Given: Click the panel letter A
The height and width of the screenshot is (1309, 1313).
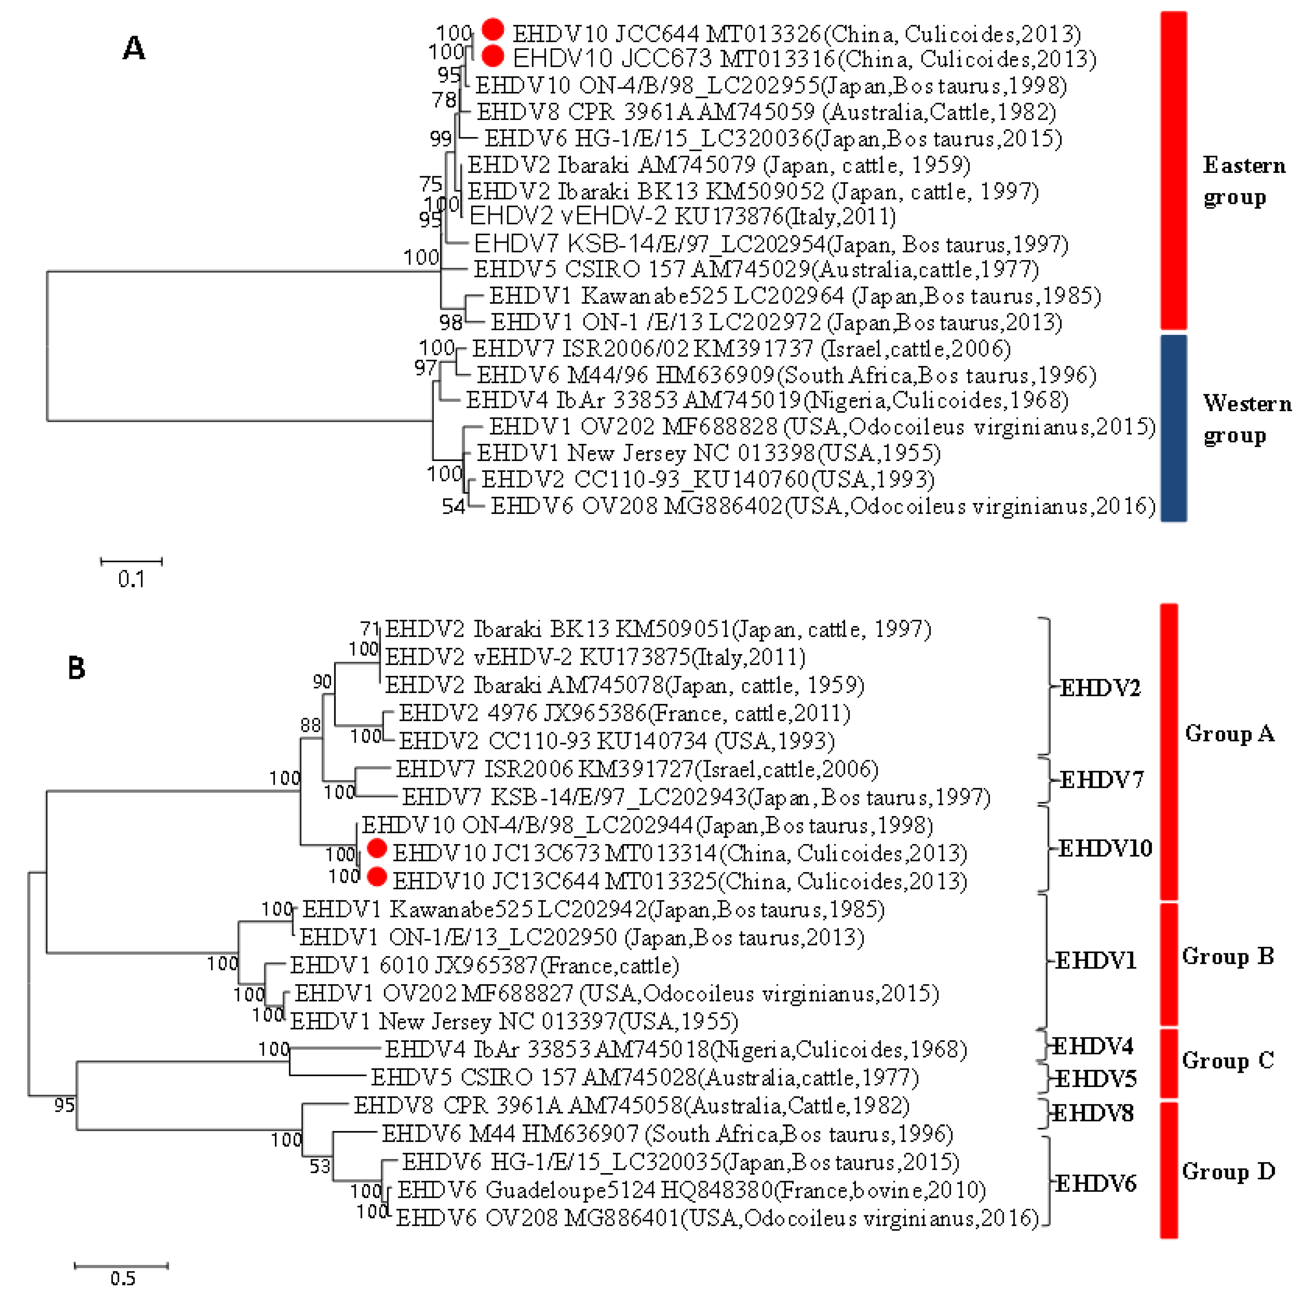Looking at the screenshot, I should pos(134,48).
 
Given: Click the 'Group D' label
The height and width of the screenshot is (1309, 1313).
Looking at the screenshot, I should pos(1228,1171).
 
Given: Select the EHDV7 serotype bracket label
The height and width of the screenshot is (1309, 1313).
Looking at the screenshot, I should pos(1101,780).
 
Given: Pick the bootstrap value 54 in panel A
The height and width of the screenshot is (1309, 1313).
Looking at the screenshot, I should pos(453,506).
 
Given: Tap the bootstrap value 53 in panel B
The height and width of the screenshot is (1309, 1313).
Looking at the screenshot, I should pos(320,1167).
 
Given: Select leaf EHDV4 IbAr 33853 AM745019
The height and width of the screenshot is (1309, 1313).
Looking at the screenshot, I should pos(766,400).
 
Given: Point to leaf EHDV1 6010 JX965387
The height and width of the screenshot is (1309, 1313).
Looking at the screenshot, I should pos(484,965).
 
